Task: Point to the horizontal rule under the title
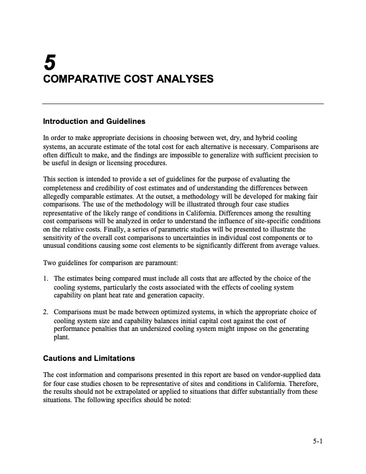click(x=183, y=104)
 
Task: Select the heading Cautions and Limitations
click(x=89, y=358)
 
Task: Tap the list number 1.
click(x=45, y=279)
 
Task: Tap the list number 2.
click(x=45, y=312)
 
